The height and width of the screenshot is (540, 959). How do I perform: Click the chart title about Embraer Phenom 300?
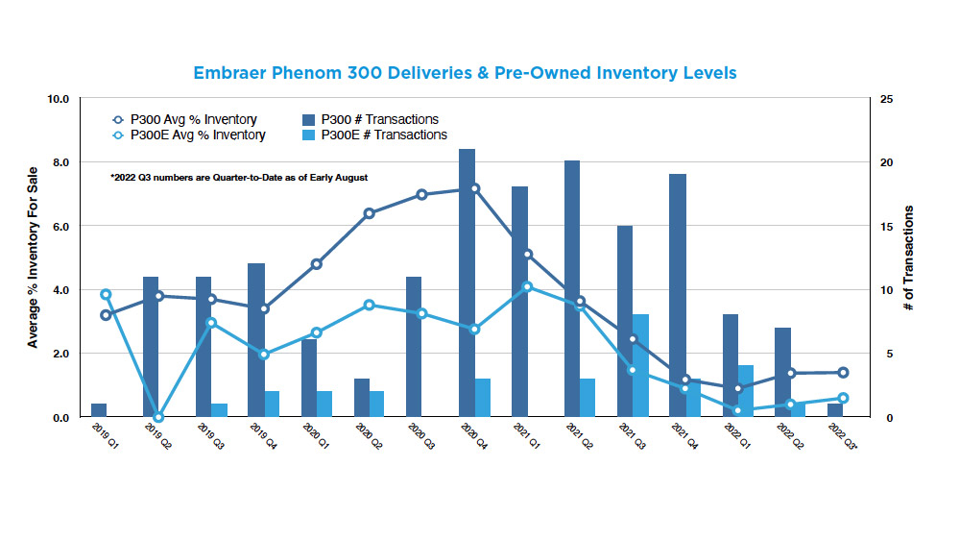tap(466, 72)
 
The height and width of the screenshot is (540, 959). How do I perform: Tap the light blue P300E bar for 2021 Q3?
tap(640, 365)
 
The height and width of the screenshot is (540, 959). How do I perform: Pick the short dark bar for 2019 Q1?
tap(99, 410)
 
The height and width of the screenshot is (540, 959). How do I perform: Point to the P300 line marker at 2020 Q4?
tap(475, 188)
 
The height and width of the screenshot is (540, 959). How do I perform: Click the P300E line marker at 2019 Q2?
tap(158, 417)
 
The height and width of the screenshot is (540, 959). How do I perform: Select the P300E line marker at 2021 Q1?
tap(527, 286)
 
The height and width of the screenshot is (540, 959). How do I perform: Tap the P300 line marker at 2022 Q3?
tap(844, 372)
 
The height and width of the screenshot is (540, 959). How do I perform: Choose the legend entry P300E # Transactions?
tap(383, 135)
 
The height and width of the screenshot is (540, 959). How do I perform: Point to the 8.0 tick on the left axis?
tap(59, 162)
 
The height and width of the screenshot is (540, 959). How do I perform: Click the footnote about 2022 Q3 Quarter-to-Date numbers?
tap(239, 177)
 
